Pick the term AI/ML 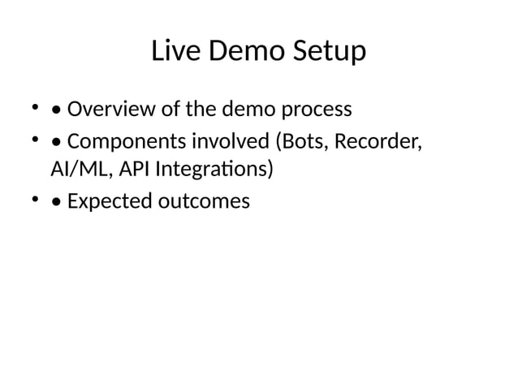click(x=76, y=170)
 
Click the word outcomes click(x=203, y=200)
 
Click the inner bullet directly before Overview click(x=56, y=110)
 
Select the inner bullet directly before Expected click(x=56, y=200)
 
